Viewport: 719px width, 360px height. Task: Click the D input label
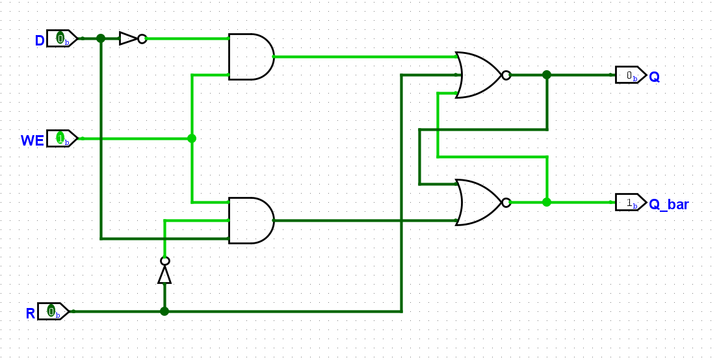coord(40,41)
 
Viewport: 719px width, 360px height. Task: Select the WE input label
coord(33,140)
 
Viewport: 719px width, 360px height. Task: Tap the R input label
coord(31,314)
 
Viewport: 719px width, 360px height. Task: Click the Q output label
coord(655,77)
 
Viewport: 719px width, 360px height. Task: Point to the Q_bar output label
coord(668,205)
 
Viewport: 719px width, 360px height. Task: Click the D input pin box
coord(62,38)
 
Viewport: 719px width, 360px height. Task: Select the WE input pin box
coord(62,138)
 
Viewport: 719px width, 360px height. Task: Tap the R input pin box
coord(53,312)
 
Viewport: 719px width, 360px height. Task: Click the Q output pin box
coord(631,75)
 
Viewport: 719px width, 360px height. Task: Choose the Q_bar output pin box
coord(631,202)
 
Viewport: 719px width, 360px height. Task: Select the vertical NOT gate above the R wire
coord(164,270)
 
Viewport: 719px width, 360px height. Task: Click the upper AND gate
coord(252,57)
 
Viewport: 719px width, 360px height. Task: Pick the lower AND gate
coord(252,220)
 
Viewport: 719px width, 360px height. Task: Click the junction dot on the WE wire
coord(192,138)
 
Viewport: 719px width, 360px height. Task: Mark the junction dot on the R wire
coord(164,311)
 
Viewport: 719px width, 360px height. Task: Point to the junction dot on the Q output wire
coord(547,75)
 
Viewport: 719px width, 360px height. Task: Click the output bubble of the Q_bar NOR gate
coord(506,202)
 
